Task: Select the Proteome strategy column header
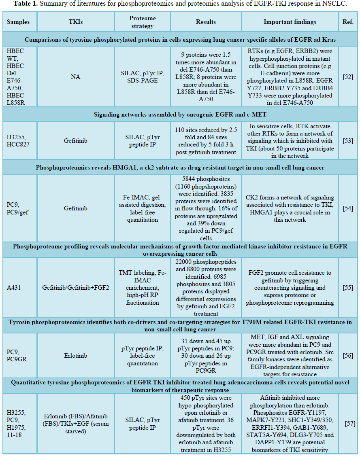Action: point(142,22)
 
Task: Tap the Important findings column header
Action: point(290,22)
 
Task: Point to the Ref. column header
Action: point(348,22)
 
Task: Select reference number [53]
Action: point(348,140)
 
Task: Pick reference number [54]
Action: point(348,208)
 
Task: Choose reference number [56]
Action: point(348,356)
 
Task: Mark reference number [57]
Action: point(350,423)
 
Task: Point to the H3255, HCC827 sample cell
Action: point(16,140)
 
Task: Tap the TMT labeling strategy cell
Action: point(142,287)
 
